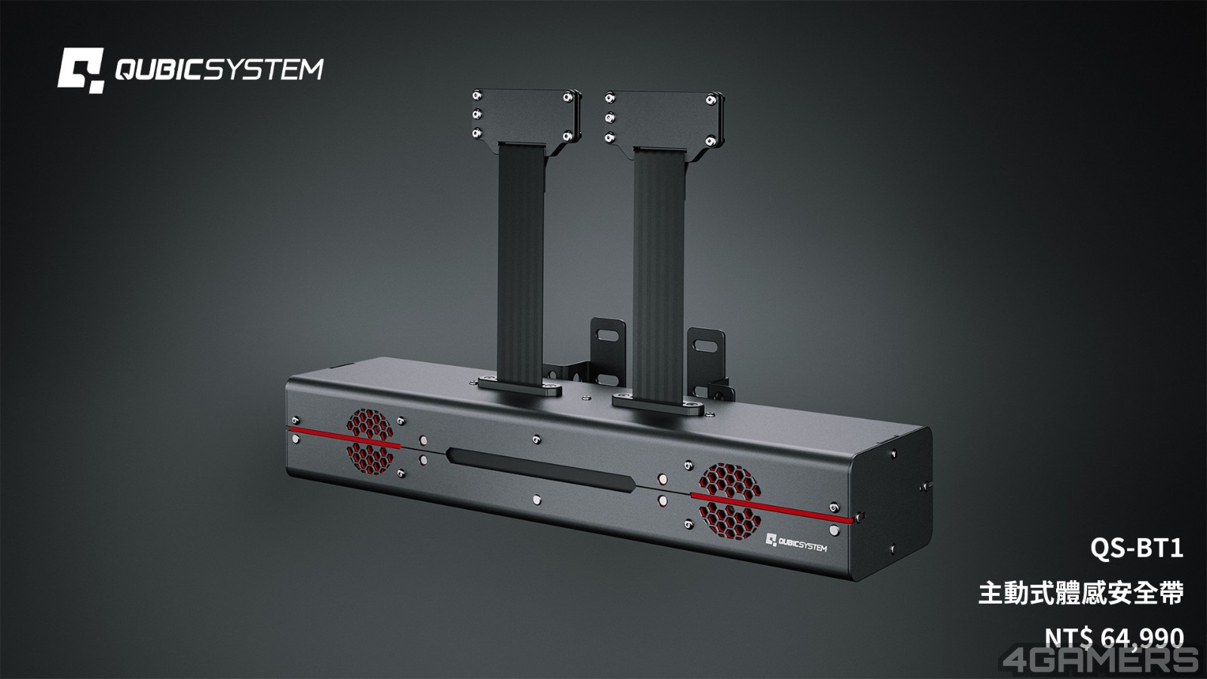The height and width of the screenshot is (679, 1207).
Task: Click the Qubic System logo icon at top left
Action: (81, 70)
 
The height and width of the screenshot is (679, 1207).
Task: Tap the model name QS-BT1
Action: (1137, 548)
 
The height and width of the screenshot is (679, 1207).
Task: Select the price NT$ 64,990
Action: (1114, 638)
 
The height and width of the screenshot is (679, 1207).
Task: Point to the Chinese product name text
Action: (1081, 593)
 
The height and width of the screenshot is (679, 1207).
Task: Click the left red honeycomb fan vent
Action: (370, 441)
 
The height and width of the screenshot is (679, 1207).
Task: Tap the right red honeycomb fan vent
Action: (730, 501)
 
